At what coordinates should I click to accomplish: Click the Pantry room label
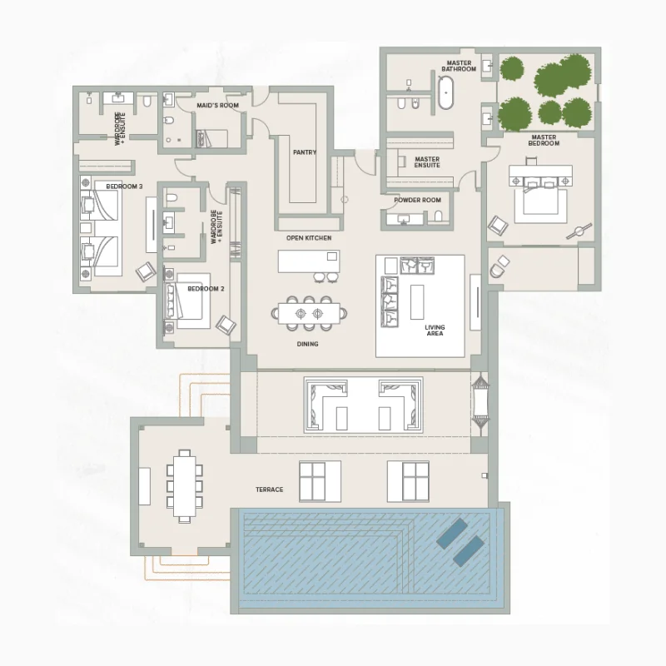pos(305,152)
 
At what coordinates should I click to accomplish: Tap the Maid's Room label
pos(217,106)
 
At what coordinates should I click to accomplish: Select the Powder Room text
pos(418,200)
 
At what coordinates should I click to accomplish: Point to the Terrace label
pos(269,490)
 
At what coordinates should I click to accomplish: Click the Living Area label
pos(435,331)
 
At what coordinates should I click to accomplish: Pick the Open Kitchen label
pos(309,238)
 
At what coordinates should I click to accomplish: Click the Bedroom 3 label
pos(124,186)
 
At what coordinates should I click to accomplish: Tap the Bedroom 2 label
pos(206,289)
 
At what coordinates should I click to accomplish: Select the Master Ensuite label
pos(427,162)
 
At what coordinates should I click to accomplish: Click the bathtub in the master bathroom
pos(445,92)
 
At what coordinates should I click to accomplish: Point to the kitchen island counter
pos(309,261)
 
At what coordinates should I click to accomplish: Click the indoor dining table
pos(309,314)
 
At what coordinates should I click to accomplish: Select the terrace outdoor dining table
pos(184,486)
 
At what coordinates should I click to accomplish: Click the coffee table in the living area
pos(417,302)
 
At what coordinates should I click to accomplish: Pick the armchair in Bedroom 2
pos(226,325)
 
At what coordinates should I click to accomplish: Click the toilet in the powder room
pos(438,216)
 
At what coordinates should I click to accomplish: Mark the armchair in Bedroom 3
pos(146,271)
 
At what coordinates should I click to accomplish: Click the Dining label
pos(307,344)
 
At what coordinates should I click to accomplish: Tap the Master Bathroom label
pos(459,66)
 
